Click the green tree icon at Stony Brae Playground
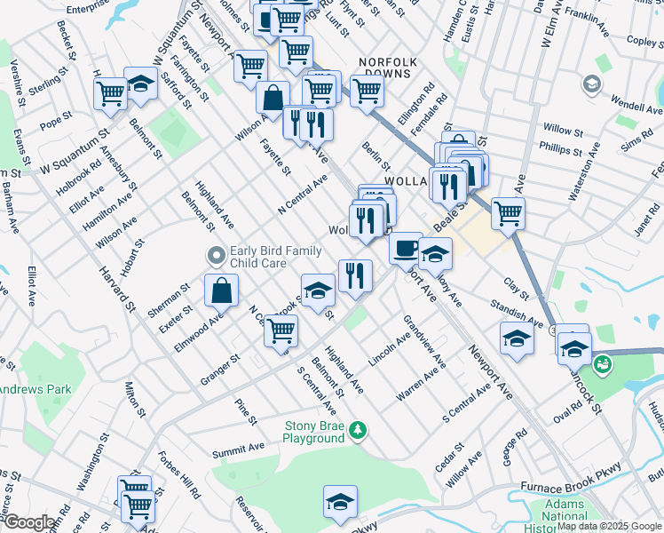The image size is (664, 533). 358,430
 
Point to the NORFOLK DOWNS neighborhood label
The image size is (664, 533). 387,61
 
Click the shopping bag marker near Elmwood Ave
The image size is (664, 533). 221,290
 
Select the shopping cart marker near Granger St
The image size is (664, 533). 281,330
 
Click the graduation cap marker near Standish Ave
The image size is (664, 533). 517,338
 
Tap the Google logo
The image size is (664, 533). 28,522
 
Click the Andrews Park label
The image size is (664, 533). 36,389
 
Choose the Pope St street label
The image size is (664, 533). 55,118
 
